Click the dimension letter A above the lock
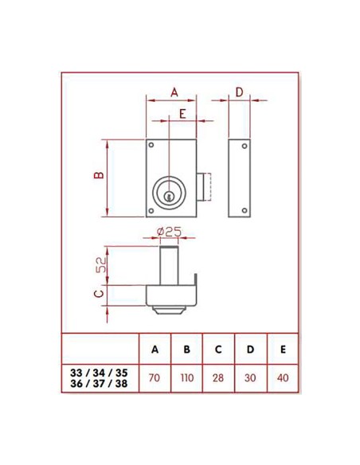[x=174, y=92]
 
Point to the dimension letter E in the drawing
[x=182, y=114]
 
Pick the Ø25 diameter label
[x=170, y=231]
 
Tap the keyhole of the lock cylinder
[x=169, y=193]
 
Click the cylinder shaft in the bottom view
[x=169, y=263]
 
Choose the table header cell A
[x=155, y=350]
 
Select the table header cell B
[x=186, y=350]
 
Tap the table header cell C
[x=218, y=350]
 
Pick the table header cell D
[x=250, y=350]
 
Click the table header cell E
[x=282, y=350]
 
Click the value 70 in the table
[x=155, y=377]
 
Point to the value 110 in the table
[x=186, y=377]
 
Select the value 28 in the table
[x=218, y=377]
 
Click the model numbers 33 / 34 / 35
[x=99, y=372]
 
